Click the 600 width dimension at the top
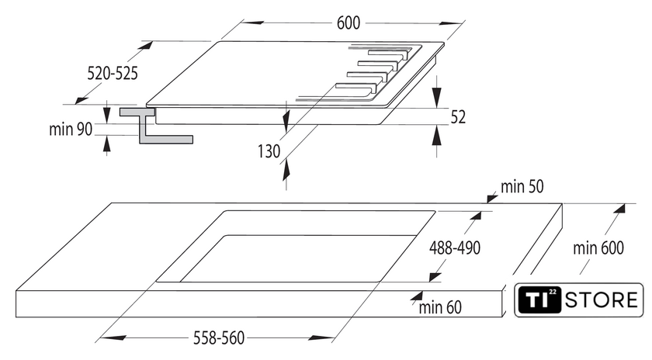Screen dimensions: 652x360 tap(348, 22)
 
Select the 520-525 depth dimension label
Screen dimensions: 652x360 tap(113, 74)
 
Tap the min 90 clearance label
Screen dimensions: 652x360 tap(71, 130)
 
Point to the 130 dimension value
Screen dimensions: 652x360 tap(269, 151)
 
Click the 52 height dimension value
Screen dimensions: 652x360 tap(458, 117)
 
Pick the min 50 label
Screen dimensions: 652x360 tap(522, 187)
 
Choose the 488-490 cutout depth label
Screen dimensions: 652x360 tap(455, 247)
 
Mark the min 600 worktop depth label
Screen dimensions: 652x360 tap(598, 247)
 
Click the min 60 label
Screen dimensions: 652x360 tap(440, 307)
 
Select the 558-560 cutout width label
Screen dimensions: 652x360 tap(219, 338)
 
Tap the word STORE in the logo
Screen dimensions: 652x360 tap(602, 300)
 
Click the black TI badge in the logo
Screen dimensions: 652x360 tap(539, 299)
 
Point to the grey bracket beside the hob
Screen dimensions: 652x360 tap(156, 126)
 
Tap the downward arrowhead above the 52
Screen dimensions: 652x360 tap(436, 98)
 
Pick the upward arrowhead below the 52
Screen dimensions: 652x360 tap(436, 135)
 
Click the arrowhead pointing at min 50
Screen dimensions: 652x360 tap(492, 199)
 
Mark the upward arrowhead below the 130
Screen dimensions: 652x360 tap(286, 171)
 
